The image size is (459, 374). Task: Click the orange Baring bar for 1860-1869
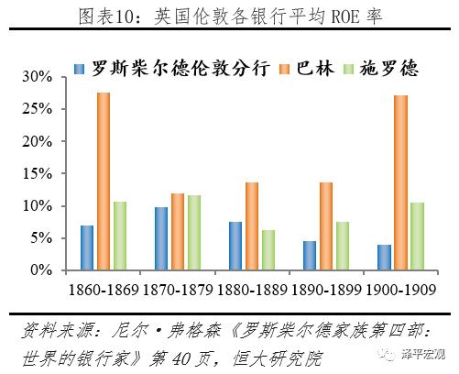(x=103, y=181)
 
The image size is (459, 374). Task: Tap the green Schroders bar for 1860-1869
(x=119, y=236)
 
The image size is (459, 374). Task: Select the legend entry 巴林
(x=311, y=69)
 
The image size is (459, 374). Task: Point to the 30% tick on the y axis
(x=40, y=77)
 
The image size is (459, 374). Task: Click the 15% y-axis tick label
(x=40, y=174)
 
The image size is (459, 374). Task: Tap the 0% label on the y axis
(x=45, y=270)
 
